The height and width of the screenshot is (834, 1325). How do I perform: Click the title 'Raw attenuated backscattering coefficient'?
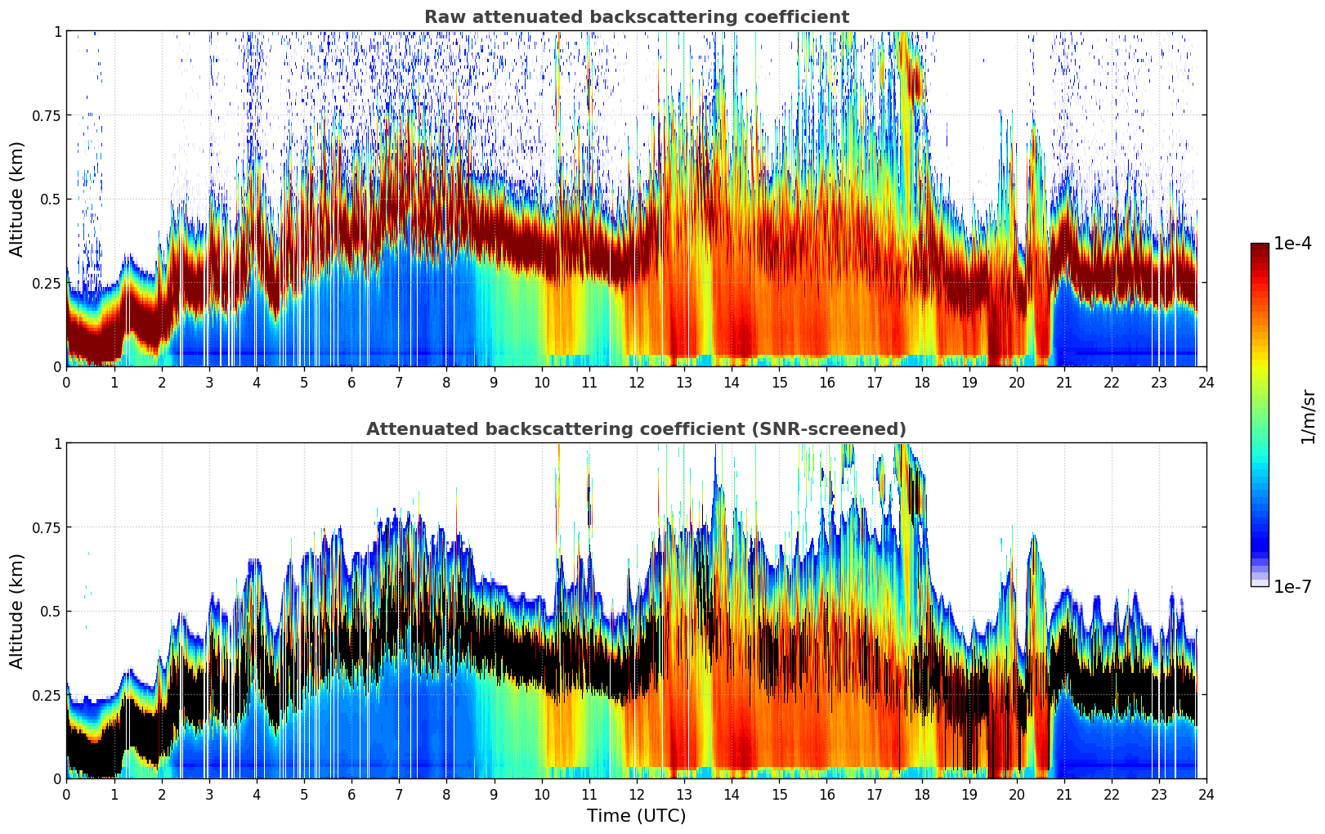tap(636, 17)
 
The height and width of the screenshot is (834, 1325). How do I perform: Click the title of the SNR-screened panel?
tap(636, 429)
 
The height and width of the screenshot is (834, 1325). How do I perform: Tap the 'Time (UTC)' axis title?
tap(636, 816)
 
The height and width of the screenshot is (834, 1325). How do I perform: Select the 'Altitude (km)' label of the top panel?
tap(17, 199)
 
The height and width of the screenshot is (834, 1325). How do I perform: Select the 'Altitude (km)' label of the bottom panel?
tap(17, 611)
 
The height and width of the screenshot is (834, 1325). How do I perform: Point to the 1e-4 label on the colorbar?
tap(1292, 244)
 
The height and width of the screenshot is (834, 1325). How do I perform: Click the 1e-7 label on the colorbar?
tap(1292, 586)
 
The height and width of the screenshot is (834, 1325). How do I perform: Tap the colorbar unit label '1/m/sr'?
tap(1308, 416)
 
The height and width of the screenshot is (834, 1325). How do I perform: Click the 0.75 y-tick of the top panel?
tap(46, 115)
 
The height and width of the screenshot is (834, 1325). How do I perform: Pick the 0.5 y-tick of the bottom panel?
tap(50, 611)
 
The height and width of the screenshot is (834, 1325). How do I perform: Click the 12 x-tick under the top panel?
tap(636, 382)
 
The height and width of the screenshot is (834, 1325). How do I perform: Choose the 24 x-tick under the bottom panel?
tap(1206, 794)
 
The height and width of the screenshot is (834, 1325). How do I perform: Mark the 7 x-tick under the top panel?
tap(399, 382)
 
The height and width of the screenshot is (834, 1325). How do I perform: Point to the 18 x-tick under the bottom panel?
tap(921, 794)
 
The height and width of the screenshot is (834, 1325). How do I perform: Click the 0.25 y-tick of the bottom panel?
tap(46, 695)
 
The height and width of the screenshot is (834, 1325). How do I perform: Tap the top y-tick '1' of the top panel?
tap(57, 31)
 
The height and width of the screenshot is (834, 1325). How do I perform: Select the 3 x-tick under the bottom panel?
tap(209, 794)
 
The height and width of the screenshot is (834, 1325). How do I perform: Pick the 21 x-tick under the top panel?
tap(1063, 382)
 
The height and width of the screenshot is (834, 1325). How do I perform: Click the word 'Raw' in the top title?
tap(442, 17)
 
